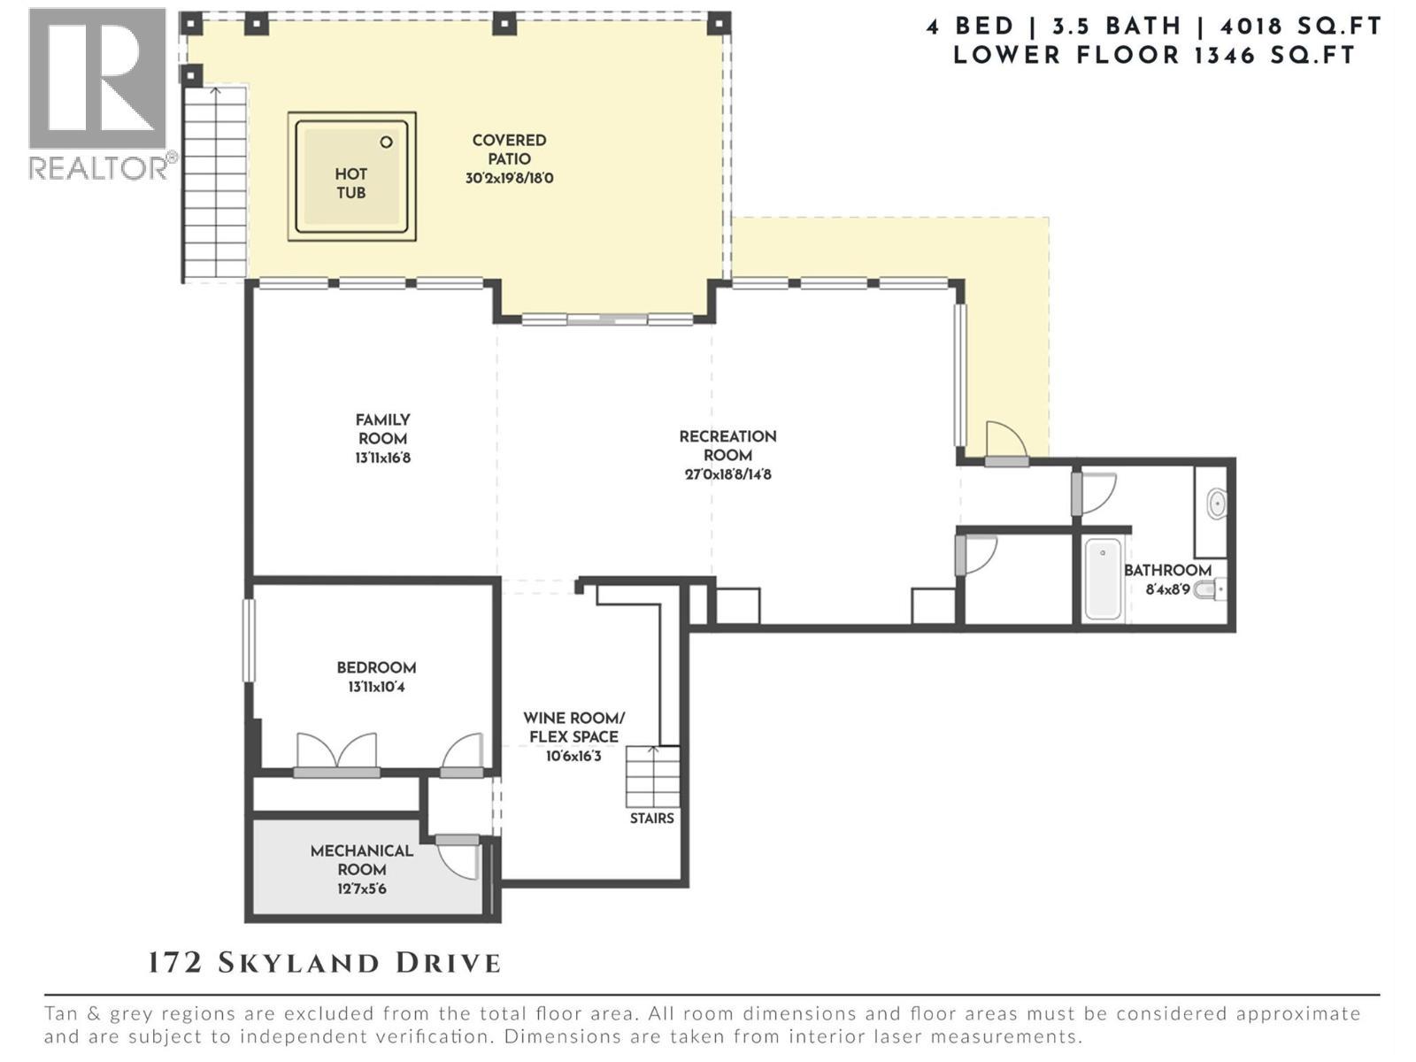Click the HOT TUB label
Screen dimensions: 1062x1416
click(350, 183)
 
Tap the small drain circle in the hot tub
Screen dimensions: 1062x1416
click(386, 142)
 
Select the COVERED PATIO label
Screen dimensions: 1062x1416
click(509, 150)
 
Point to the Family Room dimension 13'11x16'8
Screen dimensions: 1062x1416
click(382, 458)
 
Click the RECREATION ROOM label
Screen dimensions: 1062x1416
click(727, 445)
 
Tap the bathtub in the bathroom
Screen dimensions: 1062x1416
click(1103, 579)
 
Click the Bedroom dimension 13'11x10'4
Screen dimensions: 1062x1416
click(376, 687)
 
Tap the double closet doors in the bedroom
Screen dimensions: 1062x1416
click(336, 753)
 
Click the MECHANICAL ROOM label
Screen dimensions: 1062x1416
click(361, 859)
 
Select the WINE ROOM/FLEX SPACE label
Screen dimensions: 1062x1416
click(573, 727)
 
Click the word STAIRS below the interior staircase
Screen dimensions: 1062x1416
click(651, 819)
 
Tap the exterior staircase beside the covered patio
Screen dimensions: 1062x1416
click(214, 181)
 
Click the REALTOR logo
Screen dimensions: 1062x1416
click(98, 93)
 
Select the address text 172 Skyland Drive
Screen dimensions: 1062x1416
click(324, 963)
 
